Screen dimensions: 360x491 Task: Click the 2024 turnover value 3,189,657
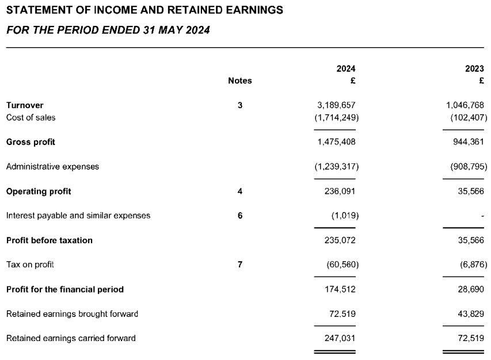pyautogui.click(x=336, y=105)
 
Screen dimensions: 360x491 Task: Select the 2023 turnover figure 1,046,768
pyautogui.click(x=465, y=105)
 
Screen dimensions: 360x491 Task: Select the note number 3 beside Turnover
pyautogui.click(x=240, y=105)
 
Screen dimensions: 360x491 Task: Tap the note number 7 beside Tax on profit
pyautogui.click(x=240, y=265)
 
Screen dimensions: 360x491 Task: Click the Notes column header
pyautogui.click(x=240, y=81)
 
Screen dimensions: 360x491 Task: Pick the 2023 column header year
pyautogui.click(x=474, y=68)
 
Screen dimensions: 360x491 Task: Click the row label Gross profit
pyautogui.click(x=31, y=141)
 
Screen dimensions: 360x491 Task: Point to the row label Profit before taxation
pyautogui.click(x=49, y=240)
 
